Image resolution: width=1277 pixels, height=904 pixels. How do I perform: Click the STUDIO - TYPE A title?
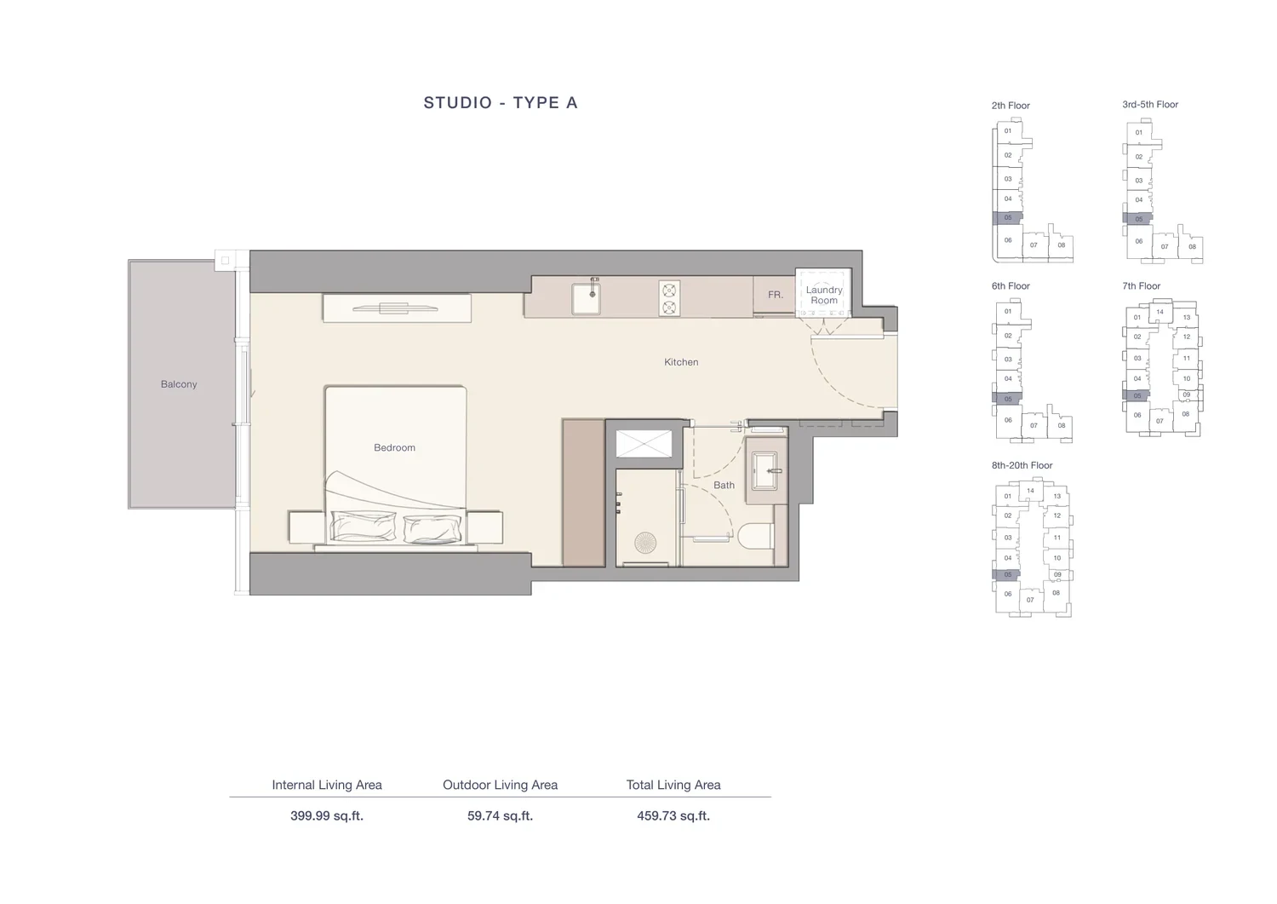click(x=501, y=103)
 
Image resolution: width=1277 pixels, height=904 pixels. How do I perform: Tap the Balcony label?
click(x=179, y=384)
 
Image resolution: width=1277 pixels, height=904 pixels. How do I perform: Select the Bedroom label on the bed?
click(x=394, y=447)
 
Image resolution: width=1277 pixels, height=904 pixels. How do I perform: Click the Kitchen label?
click(x=681, y=362)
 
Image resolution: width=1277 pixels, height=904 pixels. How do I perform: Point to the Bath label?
click(x=724, y=485)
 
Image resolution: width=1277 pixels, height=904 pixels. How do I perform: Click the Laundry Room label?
click(x=824, y=295)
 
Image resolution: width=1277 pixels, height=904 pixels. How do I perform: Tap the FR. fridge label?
click(x=776, y=295)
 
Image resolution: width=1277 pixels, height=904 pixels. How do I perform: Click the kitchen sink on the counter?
click(x=586, y=297)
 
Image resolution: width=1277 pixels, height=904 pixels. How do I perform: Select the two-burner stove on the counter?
click(x=669, y=298)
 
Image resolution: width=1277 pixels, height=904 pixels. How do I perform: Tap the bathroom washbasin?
click(x=764, y=471)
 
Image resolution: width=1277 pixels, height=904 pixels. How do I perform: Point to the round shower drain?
click(x=645, y=543)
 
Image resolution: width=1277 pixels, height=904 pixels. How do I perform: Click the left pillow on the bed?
click(x=364, y=527)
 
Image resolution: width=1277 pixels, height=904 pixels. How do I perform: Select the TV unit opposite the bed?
click(x=397, y=308)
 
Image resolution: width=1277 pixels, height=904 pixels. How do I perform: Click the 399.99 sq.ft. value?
click(x=327, y=816)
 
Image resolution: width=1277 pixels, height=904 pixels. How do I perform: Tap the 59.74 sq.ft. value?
click(x=500, y=816)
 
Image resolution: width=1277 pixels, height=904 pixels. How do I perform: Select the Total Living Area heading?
click(x=673, y=785)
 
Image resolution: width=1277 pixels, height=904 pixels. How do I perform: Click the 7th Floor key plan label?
click(x=1142, y=286)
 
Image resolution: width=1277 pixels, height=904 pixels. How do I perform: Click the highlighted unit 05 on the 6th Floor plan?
click(x=1007, y=399)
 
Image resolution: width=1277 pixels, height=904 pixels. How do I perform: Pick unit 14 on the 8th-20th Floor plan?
click(x=1030, y=491)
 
